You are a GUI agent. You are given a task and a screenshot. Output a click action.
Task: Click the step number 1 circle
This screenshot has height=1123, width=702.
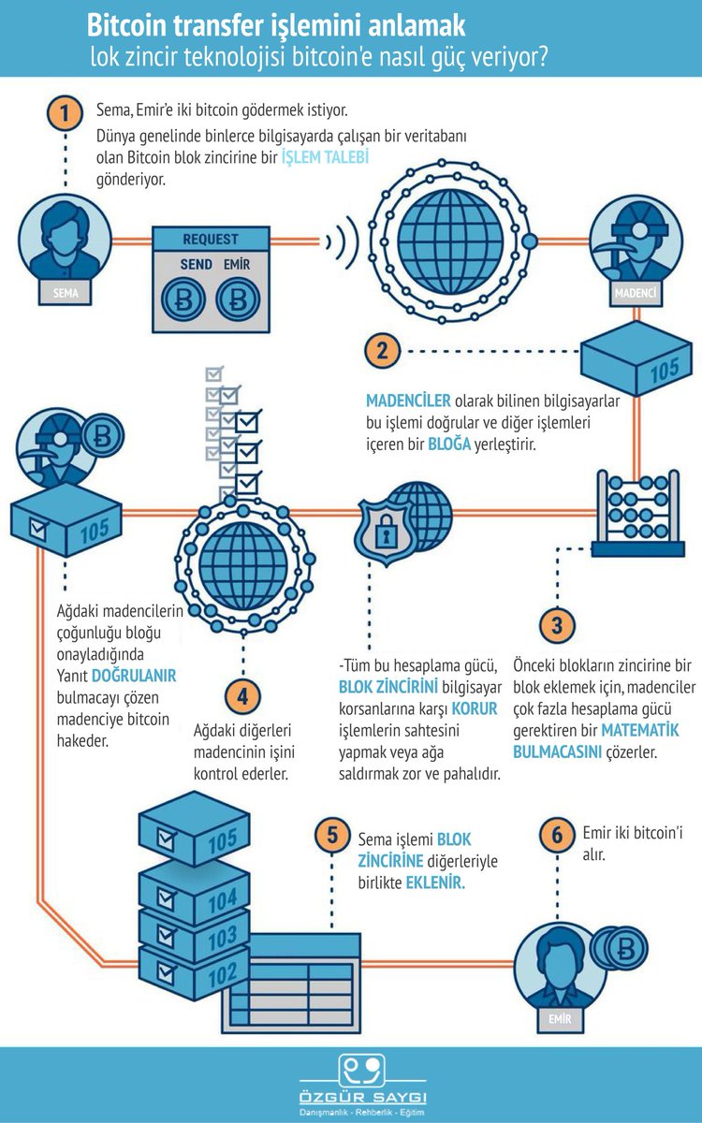coord(65,115)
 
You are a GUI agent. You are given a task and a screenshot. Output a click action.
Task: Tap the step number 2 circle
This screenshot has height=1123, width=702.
coord(382,352)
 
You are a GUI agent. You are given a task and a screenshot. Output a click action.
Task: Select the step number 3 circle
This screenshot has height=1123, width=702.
coord(557,624)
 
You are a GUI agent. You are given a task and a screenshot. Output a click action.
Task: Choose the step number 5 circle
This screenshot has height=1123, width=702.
coord(331,836)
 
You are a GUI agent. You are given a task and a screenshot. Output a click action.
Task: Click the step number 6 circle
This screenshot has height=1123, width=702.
coord(558,835)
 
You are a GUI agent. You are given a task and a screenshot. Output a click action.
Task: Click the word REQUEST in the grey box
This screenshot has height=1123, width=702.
coord(211,240)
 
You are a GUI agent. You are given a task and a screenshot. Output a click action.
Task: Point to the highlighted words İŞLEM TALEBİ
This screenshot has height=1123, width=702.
coord(326,157)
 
